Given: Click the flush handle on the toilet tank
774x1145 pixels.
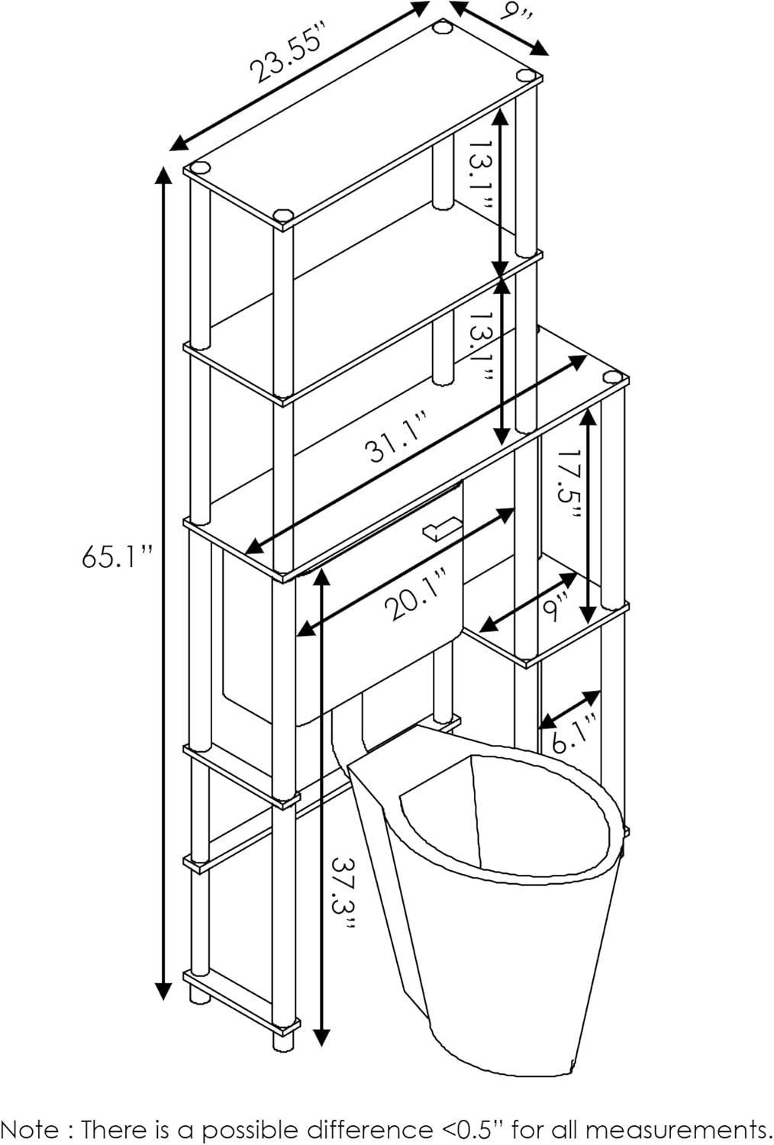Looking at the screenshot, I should click(x=440, y=529).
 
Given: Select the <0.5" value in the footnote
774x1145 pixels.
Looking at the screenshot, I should click(x=470, y=1129).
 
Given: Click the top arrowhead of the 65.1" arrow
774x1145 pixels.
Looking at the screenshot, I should click(x=163, y=173).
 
